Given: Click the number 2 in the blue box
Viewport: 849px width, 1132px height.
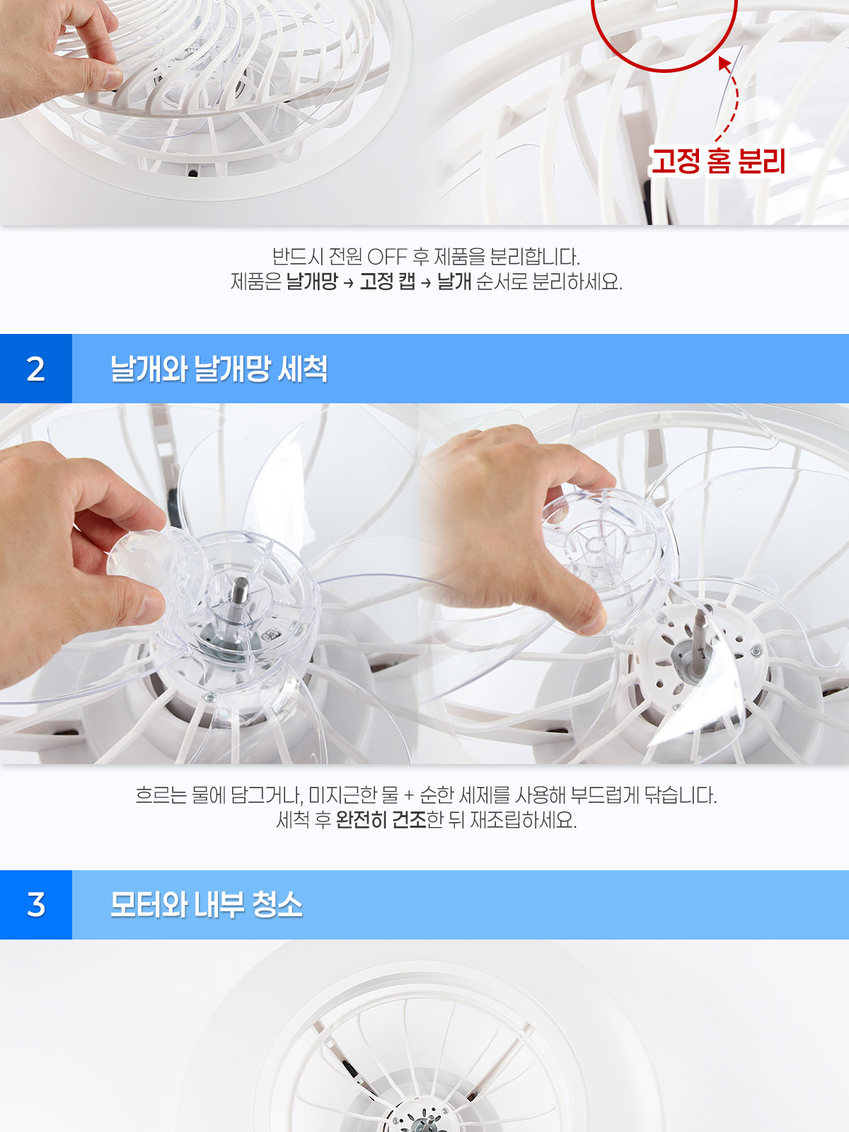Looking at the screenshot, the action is pyautogui.click(x=35, y=369).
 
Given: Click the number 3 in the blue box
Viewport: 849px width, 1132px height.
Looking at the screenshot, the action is pyautogui.click(x=35, y=905).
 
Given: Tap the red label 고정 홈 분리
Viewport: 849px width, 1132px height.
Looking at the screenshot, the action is pyautogui.click(x=717, y=161).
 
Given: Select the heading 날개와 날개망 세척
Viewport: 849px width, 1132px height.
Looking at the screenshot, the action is pyautogui.click(x=219, y=369).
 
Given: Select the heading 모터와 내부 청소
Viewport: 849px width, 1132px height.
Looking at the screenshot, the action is pyautogui.click(x=206, y=905).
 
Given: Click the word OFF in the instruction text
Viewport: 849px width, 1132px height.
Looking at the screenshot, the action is pyautogui.click(x=387, y=256).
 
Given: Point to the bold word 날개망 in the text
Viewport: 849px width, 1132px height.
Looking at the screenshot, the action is pyautogui.click(x=312, y=282).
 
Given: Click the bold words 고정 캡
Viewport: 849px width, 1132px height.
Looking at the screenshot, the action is pyautogui.click(x=388, y=282).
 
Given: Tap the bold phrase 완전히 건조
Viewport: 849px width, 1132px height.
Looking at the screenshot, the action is pyautogui.click(x=381, y=819).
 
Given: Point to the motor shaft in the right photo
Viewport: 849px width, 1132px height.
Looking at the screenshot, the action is pyautogui.click(x=700, y=632).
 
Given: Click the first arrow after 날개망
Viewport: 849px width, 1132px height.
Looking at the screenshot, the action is pyautogui.click(x=349, y=282).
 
